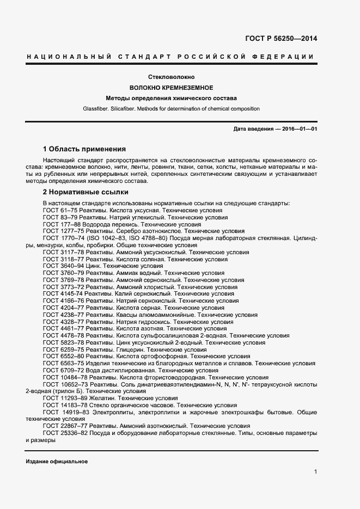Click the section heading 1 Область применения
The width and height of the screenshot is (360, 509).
(x=84, y=149)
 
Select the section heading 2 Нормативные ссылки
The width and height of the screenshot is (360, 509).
(x=86, y=193)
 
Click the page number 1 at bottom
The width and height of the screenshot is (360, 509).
(x=315, y=472)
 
